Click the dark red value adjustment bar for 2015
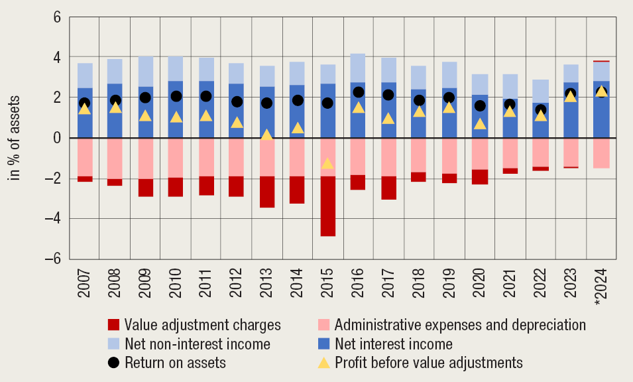point(328,206)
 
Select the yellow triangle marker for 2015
point(327,163)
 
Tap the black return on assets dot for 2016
point(358,92)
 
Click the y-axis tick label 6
point(56,17)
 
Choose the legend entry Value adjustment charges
point(203,325)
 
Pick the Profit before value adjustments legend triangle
point(324,363)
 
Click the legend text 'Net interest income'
point(394,344)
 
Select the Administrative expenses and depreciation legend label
point(460,325)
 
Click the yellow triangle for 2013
point(267,135)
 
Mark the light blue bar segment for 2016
point(358,68)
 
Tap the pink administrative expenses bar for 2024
point(602,153)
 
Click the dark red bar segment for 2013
point(267,192)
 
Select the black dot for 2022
point(541,110)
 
